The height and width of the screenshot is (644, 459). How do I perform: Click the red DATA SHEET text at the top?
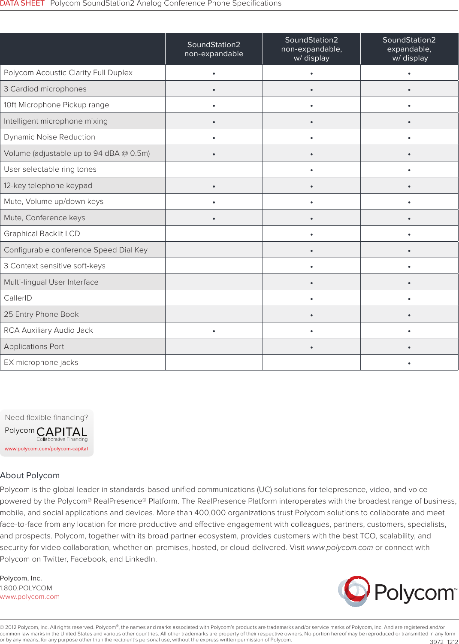tap(22, 3)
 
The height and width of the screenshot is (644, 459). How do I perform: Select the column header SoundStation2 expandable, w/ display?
tap(409, 49)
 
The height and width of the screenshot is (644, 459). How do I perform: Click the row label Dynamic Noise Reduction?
tap(49, 137)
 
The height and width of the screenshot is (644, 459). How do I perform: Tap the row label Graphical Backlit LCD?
tap(42, 234)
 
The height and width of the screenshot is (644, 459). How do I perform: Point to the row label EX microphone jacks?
tap(41, 362)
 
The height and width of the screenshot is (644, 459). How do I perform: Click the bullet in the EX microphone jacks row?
tap(409, 363)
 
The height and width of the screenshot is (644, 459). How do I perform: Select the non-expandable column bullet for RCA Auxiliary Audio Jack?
tap(214, 331)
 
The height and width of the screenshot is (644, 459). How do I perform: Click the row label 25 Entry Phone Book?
tap(41, 314)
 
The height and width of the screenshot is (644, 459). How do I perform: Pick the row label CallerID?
tap(18, 298)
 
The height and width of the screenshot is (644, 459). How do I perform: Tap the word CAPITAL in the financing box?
tap(62, 431)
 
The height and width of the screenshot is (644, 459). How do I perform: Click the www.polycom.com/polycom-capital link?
tap(46, 449)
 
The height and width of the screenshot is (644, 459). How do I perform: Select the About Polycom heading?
tap(30, 475)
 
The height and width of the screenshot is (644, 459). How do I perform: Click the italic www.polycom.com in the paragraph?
tap(340, 547)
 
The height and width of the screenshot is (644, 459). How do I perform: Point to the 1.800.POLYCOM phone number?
tap(26, 588)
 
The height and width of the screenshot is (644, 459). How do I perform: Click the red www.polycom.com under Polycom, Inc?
tap(30, 597)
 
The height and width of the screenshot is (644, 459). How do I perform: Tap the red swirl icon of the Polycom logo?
tap(354, 591)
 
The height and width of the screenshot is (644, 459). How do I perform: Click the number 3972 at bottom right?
tap(436, 642)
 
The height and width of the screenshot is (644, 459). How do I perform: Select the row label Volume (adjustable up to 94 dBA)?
tap(77, 153)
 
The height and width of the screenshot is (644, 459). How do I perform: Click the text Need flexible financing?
tap(46, 417)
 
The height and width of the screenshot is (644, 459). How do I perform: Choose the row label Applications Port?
tap(34, 346)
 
